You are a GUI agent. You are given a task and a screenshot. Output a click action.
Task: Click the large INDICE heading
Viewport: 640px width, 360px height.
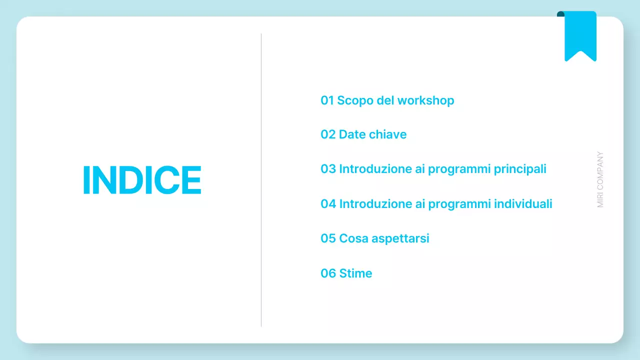coord(142,180)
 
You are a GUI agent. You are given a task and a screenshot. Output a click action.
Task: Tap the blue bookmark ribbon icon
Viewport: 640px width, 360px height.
coord(580,35)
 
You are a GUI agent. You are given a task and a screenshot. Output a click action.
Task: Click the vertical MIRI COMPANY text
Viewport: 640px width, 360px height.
coord(600,180)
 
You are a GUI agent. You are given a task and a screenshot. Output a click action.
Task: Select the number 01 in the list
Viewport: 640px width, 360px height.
coord(327,100)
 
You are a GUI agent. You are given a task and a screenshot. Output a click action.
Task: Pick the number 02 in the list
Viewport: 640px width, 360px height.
coord(328,134)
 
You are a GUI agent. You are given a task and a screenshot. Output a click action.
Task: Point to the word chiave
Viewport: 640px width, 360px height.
coord(388,134)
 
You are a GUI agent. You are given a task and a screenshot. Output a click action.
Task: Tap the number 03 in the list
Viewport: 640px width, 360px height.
coord(328,169)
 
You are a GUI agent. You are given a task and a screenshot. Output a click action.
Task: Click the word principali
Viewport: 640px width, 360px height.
coord(520,169)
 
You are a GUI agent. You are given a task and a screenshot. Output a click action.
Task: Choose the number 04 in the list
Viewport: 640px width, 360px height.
coord(328,204)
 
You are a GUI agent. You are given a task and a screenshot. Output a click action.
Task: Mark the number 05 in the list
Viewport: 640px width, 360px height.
coord(328,238)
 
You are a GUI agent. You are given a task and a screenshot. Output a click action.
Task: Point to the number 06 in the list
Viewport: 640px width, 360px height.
coord(328,273)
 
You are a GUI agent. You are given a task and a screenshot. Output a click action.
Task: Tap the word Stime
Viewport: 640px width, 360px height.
coord(355,273)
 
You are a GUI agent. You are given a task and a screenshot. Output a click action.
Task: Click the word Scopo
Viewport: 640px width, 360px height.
coord(352,101)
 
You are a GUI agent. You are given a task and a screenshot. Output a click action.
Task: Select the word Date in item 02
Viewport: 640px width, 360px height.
coord(352,134)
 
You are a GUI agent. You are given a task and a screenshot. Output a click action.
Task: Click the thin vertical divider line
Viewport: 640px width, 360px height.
coord(261,180)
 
